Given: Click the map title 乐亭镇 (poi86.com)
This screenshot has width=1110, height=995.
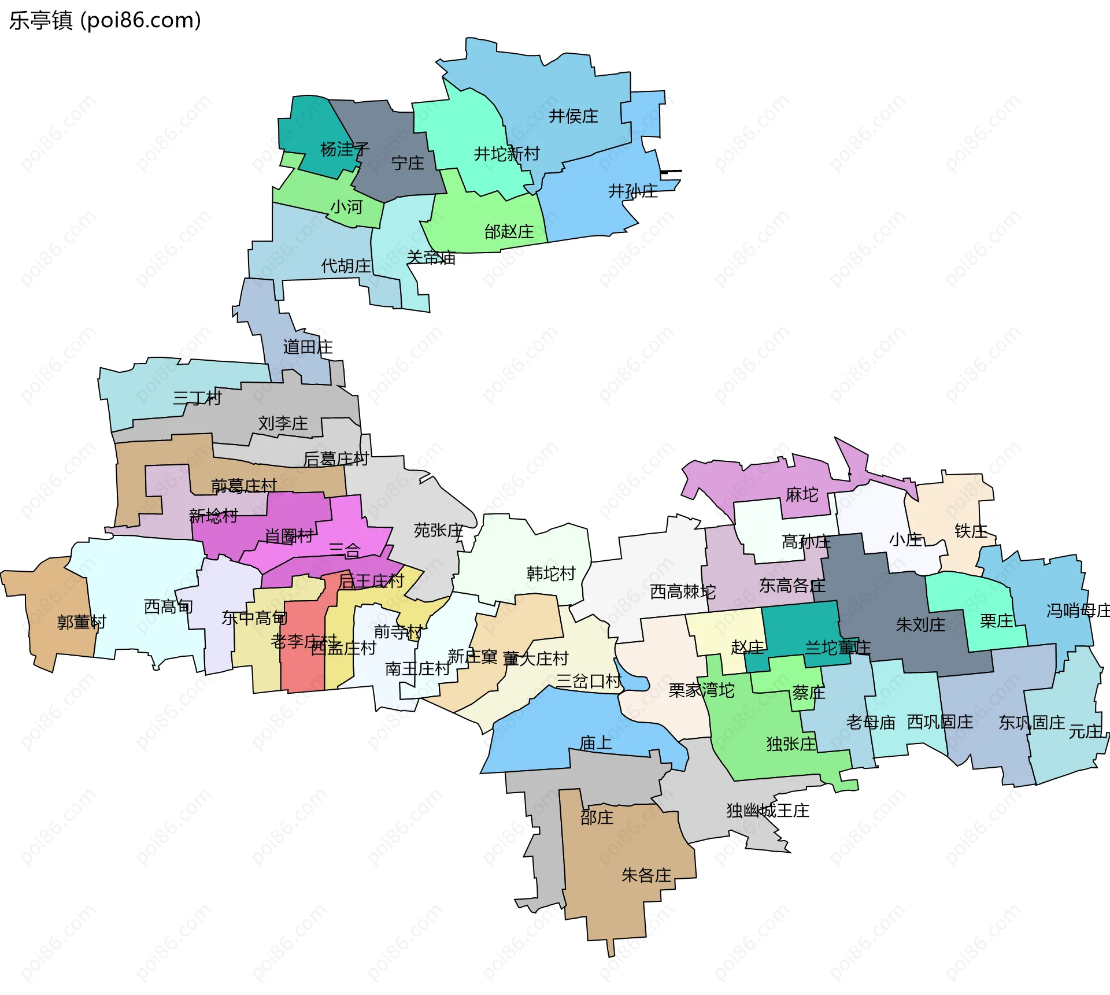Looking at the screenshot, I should (105, 20).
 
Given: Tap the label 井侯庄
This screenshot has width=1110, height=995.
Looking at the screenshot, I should (573, 116).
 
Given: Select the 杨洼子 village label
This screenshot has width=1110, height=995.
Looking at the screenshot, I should (345, 149).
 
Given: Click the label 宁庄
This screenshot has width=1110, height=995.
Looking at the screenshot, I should (408, 163).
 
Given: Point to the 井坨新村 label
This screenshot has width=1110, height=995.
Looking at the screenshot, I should (506, 154).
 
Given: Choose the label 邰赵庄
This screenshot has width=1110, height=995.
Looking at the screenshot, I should (509, 232).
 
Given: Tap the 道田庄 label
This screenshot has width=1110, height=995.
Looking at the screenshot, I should (308, 347).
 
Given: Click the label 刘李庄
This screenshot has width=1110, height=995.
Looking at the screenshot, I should (283, 423).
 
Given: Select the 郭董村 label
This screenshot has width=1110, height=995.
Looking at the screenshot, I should (82, 622).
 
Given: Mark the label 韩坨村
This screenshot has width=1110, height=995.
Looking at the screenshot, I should (551, 574).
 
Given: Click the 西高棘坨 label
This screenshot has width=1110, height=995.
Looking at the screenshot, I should (682, 591).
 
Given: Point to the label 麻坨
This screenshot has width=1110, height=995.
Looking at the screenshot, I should (802, 495).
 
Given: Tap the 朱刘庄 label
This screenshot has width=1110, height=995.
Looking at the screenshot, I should (920, 624).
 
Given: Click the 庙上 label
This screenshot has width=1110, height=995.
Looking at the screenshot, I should (595, 743).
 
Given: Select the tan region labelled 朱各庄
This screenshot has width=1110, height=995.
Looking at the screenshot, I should (646, 875).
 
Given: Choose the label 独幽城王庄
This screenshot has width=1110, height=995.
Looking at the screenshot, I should (767, 811).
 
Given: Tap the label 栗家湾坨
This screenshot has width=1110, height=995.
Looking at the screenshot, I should (701, 690).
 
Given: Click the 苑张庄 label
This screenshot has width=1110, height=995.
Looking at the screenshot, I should (438, 530).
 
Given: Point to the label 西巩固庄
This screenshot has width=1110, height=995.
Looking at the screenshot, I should (939, 722).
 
